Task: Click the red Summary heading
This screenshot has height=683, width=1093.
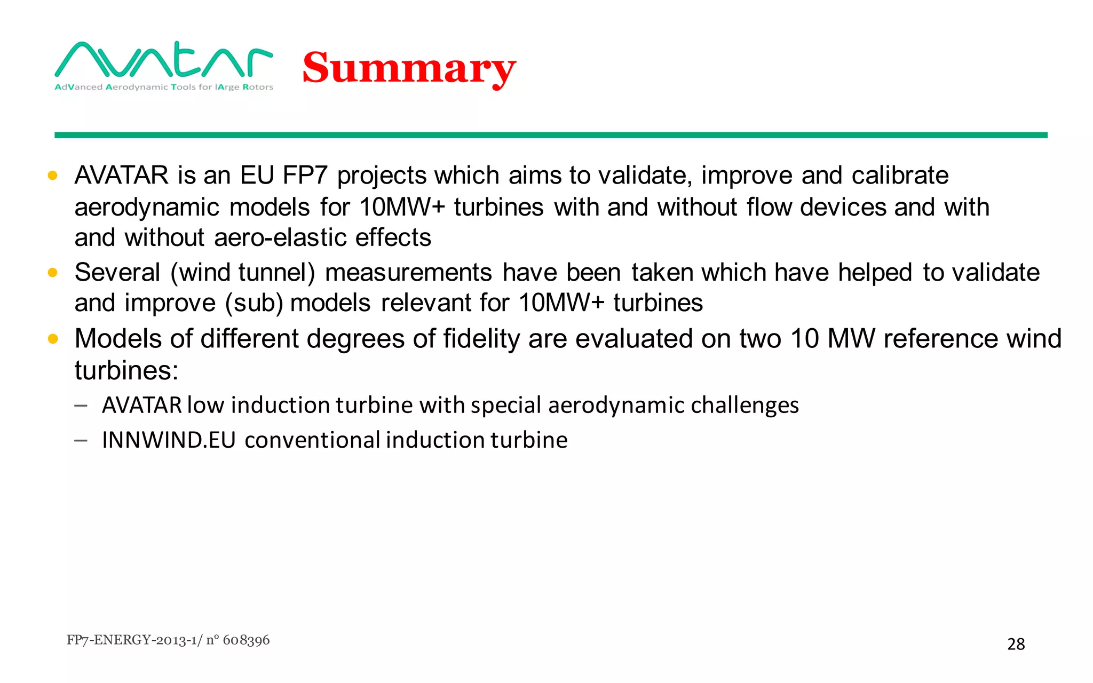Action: tap(409, 68)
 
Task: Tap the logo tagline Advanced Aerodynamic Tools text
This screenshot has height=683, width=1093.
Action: tap(163, 87)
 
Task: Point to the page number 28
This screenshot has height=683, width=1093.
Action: tap(1016, 644)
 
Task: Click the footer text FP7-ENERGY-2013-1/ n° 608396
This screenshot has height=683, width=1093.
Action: tap(168, 640)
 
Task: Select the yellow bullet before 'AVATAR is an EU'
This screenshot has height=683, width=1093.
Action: tap(52, 176)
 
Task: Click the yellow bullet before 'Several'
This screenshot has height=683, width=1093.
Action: tap(52, 273)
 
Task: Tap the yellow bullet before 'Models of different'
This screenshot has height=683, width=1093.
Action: tap(52, 339)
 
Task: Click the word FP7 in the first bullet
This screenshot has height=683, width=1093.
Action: tap(305, 176)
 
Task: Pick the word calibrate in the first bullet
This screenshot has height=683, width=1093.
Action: tap(900, 176)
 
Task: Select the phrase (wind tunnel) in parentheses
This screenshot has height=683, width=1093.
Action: tap(243, 273)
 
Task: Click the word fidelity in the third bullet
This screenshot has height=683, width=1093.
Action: tap(481, 339)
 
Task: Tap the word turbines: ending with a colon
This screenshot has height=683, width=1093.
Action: tap(126, 370)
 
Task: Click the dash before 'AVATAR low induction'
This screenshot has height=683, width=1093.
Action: tap(81, 406)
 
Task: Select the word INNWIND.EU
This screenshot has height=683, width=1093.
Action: tap(169, 440)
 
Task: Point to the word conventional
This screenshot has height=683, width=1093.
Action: tap(312, 440)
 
